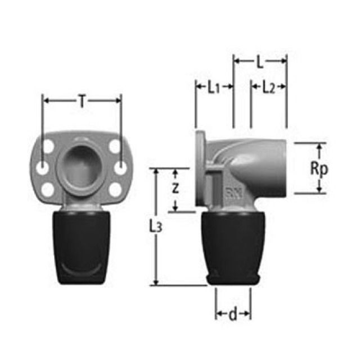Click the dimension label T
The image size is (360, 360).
82,101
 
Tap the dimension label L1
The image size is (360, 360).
213,87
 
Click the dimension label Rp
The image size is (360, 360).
319,169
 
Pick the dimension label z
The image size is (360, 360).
175,190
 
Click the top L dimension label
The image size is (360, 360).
259,62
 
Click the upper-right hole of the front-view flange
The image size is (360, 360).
115,147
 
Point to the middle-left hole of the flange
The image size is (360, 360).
42,168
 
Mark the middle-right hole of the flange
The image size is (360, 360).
121,168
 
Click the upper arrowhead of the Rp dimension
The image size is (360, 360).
319,147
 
